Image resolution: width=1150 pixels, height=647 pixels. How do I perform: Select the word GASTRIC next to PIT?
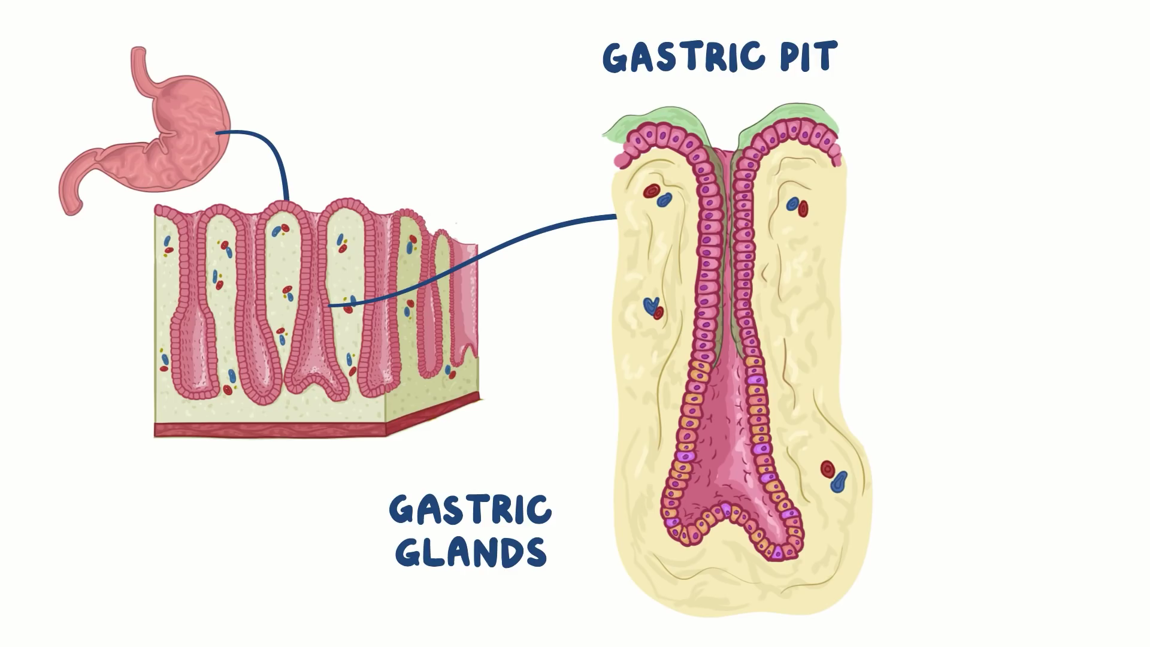pyautogui.click(x=683, y=58)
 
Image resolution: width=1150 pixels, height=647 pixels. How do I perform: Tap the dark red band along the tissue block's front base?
pyautogui.click(x=270, y=429)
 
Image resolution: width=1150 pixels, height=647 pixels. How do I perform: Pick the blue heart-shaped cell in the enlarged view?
pyautogui.click(x=650, y=306)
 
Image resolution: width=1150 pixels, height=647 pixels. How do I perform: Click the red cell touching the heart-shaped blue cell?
pyautogui.click(x=659, y=313)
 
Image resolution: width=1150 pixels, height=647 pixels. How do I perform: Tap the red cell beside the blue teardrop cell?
pyautogui.click(x=828, y=469)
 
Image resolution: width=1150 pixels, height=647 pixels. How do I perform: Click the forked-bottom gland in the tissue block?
pyautogui.click(x=311, y=359)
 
